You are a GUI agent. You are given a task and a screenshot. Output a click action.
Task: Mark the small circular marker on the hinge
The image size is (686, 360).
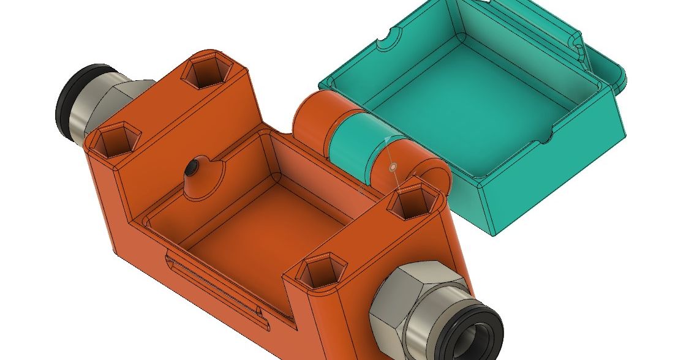(393, 166)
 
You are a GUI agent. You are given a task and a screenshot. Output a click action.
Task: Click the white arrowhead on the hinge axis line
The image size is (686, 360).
(386, 141)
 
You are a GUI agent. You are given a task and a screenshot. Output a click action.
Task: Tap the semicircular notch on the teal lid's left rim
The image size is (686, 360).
(385, 43)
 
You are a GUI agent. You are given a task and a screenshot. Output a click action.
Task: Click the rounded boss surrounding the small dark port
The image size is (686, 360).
(202, 178)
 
